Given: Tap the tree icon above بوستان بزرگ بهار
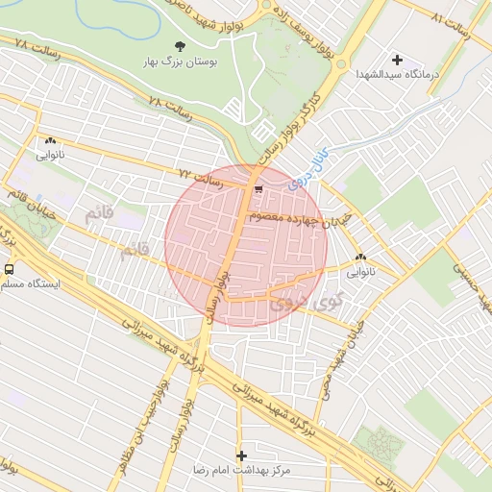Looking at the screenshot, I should [179, 45].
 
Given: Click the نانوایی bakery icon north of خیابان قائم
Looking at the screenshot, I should [49, 140].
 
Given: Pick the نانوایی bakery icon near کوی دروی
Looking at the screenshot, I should [361, 258].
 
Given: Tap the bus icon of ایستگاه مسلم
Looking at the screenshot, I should [9, 270].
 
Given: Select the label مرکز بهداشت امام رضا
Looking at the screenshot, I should [240, 470].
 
